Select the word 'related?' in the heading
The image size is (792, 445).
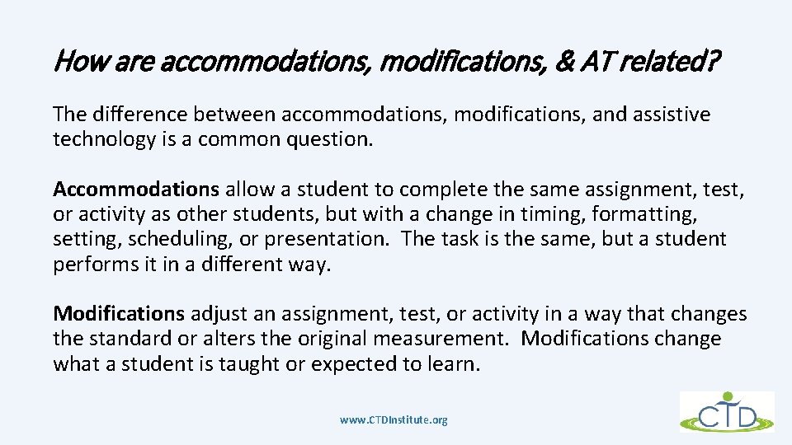coord(676,61)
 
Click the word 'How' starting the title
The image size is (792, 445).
coord(75,61)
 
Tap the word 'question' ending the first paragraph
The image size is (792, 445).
coord(331,139)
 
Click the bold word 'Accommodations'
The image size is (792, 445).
coord(136,190)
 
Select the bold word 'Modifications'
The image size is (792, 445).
coord(119,314)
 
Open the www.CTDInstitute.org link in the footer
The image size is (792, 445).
coord(394,419)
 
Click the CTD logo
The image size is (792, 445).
coord(727,411)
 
